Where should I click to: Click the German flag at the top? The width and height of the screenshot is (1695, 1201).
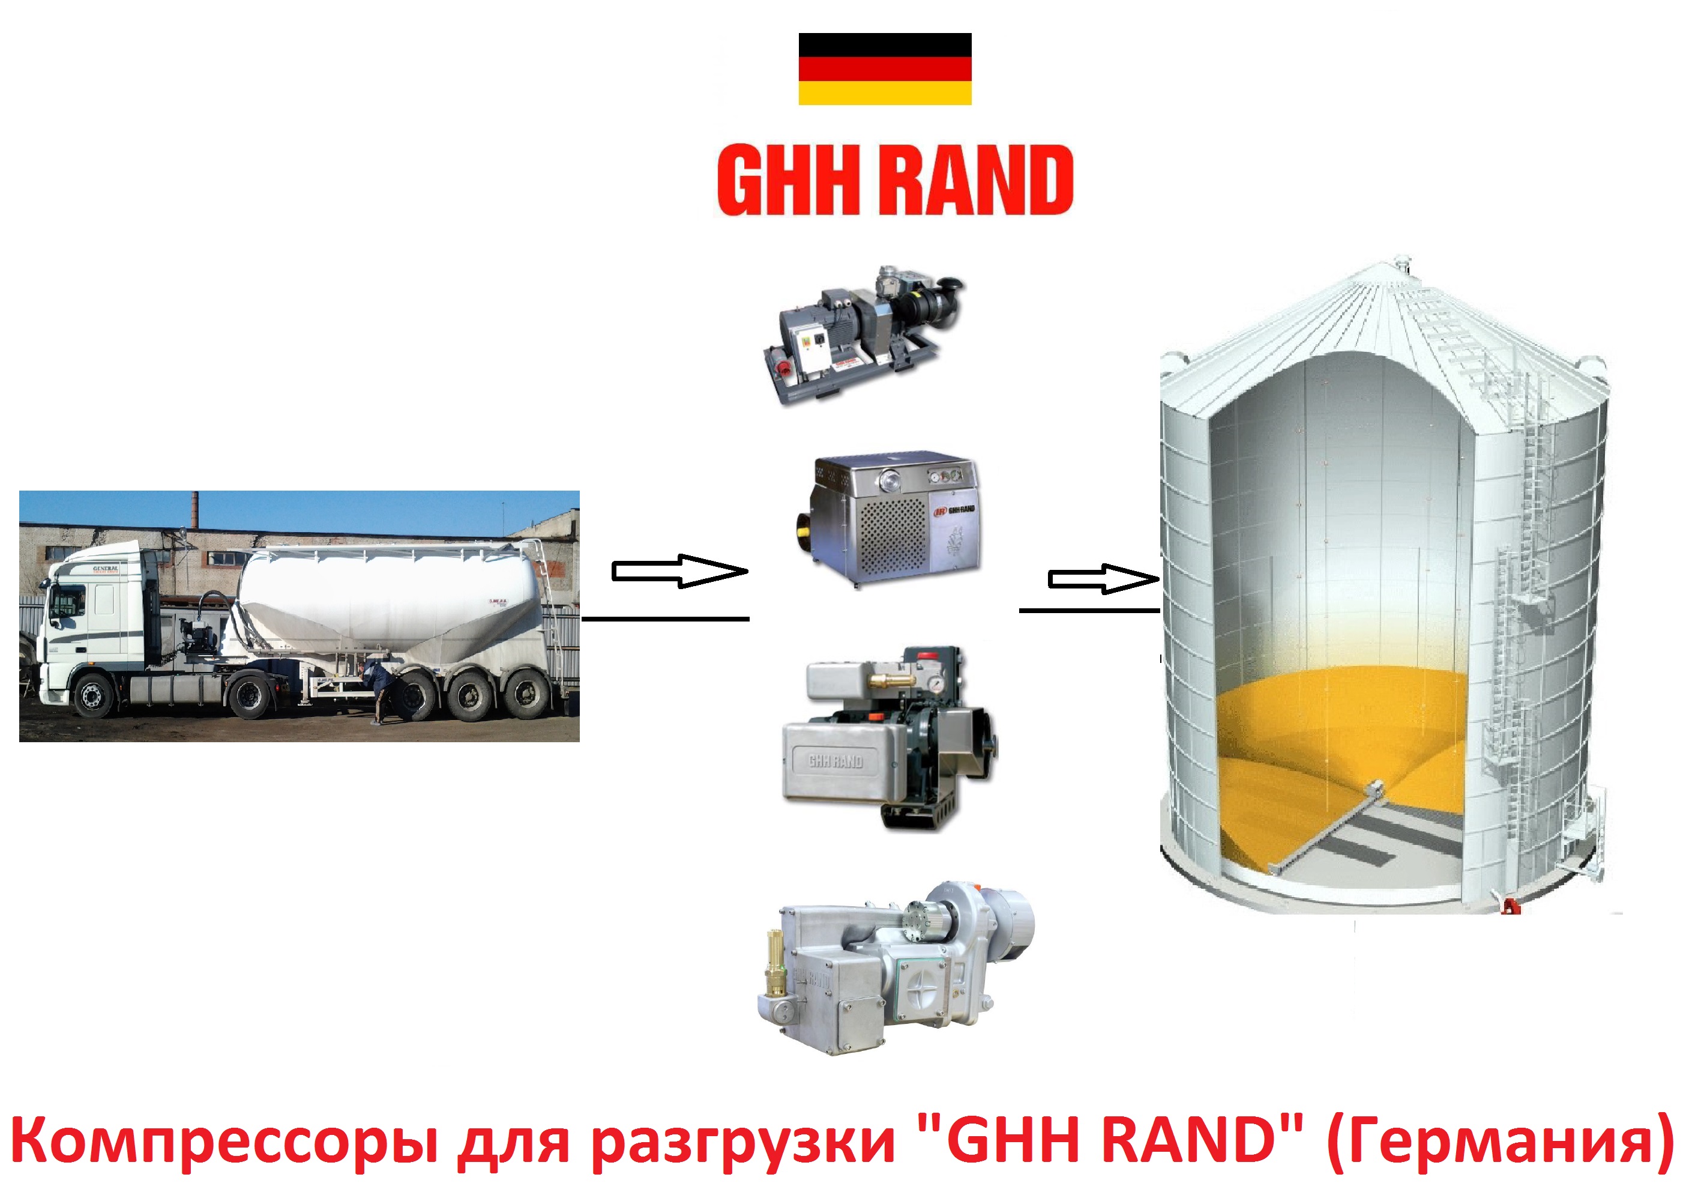click(x=884, y=69)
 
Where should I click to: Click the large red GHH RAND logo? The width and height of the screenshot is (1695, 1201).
click(x=895, y=180)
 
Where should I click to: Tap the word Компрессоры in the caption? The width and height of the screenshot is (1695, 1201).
click(x=226, y=1142)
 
